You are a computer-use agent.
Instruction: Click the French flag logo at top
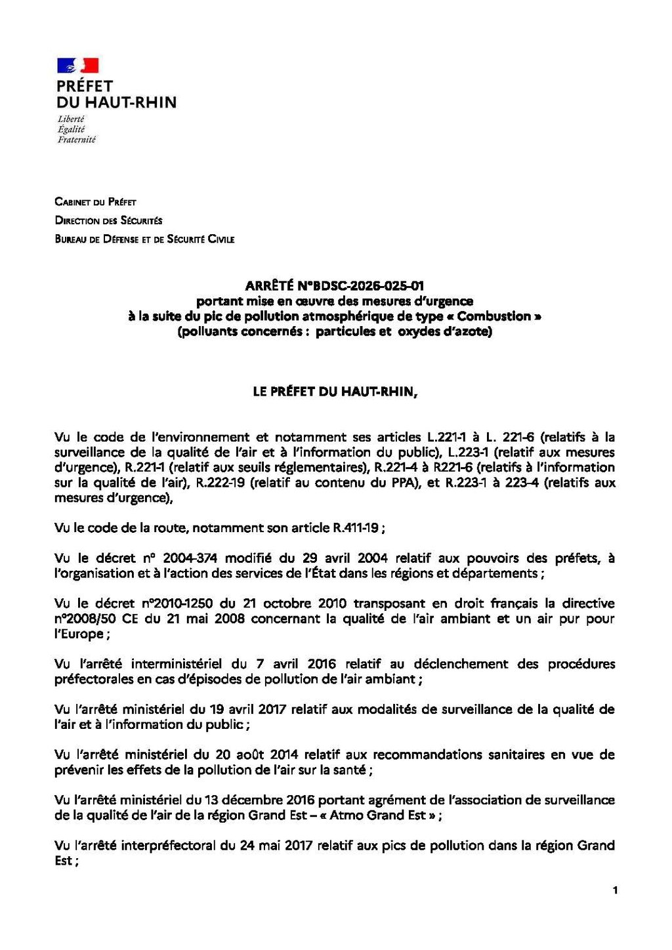point(77,65)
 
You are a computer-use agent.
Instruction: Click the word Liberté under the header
point(71,119)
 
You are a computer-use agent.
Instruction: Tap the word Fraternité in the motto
point(76,140)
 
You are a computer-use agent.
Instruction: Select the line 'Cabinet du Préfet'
point(95,202)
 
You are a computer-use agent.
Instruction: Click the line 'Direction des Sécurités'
point(108,220)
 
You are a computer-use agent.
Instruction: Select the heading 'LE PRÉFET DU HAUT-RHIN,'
point(335,392)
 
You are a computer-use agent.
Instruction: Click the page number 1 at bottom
point(615,890)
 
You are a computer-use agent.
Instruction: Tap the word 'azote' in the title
point(472,331)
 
